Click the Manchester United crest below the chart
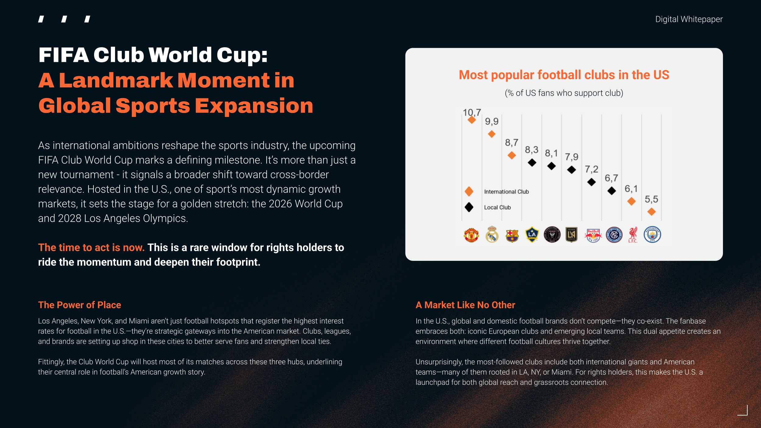pos(471,235)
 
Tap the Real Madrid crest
pos(492,234)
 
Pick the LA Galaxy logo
pos(532,234)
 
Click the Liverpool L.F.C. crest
pos(633,234)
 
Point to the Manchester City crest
pos(652,234)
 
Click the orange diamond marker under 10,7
pos(472,120)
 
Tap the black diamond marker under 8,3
pos(532,163)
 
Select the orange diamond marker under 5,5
pos(651,212)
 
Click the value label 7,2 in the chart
pos(591,169)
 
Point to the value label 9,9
pos(492,121)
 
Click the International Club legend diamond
pos(469,191)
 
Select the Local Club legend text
pos(497,207)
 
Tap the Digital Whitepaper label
pos(689,19)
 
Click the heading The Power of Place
pos(79,305)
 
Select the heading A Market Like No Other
pos(465,305)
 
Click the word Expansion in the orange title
pos(254,107)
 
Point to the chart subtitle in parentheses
pos(564,93)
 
